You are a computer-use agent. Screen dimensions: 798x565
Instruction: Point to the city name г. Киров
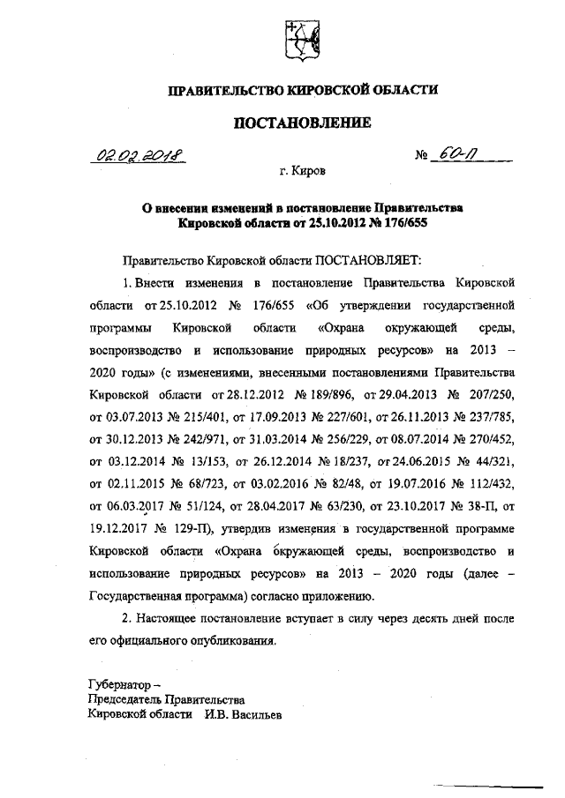click(x=301, y=175)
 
